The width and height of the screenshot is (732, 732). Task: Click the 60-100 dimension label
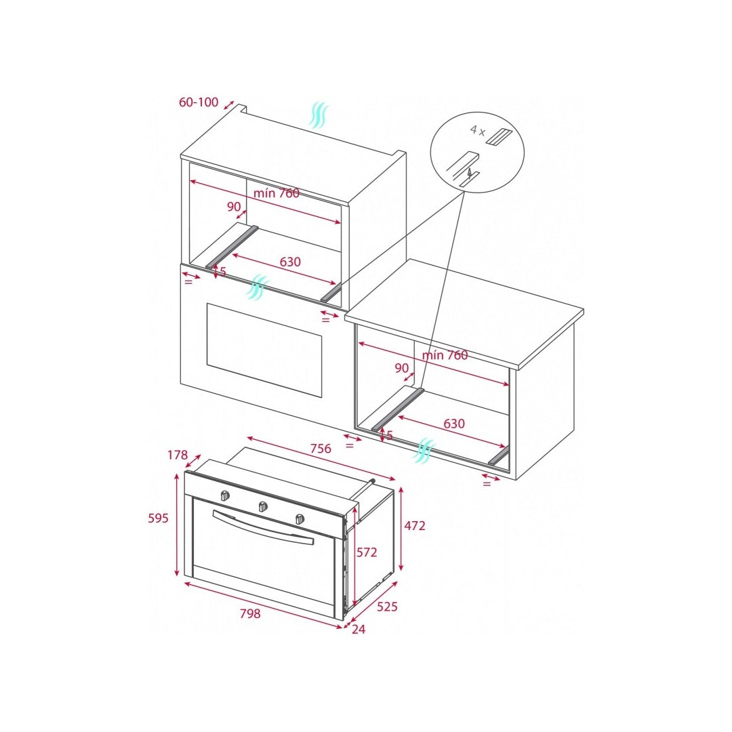[x=199, y=102]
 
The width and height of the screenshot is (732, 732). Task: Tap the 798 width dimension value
[x=249, y=613]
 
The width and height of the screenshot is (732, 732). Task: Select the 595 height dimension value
[x=158, y=518]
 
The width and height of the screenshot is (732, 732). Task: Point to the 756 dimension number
[x=320, y=448]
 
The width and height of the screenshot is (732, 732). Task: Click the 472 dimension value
[x=415, y=526]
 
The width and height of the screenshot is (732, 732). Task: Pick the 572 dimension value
[x=367, y=552]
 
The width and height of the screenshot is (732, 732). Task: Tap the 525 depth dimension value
[x=387, y=607]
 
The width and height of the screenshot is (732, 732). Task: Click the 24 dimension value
[x=358, y=629]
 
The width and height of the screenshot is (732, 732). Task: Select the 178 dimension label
[x=178, y=455]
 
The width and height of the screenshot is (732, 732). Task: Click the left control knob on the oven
[x=225, y=495]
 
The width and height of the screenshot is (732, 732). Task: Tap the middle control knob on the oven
[x=263, y=506]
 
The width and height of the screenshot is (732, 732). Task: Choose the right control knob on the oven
[x=300, y=518]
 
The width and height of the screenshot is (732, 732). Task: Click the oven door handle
[x=262, y=528]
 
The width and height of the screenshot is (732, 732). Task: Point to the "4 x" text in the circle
[x=478, y=129]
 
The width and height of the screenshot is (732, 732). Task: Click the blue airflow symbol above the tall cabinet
[x=319, y=115]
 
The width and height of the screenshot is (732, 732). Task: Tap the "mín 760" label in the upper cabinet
[x=277, y=192]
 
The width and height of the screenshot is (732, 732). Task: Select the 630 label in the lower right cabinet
[x=453, y=424]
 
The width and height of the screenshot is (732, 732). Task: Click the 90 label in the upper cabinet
[x=234, y=206]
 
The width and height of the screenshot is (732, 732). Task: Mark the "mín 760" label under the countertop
[x=445, y=355]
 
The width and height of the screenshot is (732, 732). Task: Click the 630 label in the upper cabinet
[x=290, y=262]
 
